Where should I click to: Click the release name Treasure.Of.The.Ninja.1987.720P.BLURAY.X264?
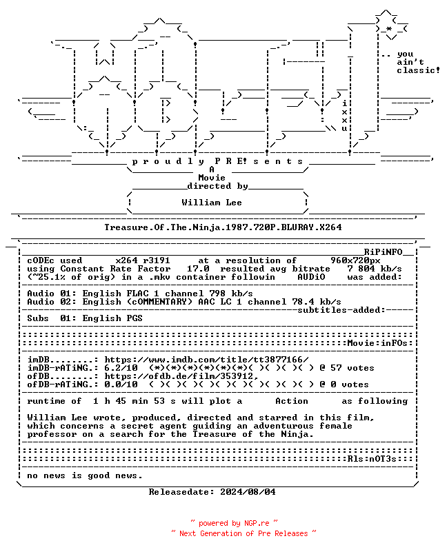223,227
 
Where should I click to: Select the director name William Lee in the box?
212,203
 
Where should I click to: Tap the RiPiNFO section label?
384,252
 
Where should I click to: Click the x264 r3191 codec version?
143,260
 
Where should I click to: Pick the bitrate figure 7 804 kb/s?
375,269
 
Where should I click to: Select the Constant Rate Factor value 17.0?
198,269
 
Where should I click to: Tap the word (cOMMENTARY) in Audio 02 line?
159,302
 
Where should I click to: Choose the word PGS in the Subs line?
135,318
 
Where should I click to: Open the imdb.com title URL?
206,360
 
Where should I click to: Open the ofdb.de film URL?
181,376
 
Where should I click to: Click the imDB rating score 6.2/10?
121,368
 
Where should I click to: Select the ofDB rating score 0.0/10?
121,384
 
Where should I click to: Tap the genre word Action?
292,401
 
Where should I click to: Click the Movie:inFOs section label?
378,343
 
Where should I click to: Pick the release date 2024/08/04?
248,492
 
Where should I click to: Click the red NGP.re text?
257,523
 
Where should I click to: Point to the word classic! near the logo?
418,70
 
